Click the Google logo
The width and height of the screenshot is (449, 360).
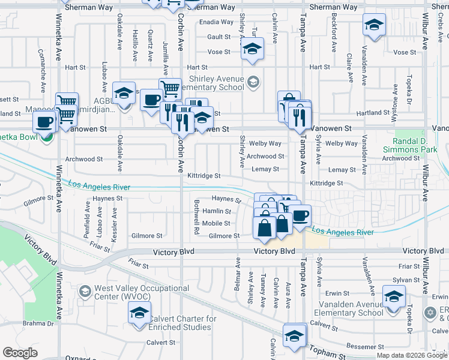[20, 353]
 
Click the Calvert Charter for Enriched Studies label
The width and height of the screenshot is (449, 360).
[182, 323]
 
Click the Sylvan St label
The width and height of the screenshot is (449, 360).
[406, 280]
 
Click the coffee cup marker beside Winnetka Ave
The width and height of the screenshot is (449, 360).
[44, 124]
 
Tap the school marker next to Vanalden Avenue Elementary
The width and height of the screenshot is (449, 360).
[394, 298]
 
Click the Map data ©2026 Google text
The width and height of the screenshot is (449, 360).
[412, 355]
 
